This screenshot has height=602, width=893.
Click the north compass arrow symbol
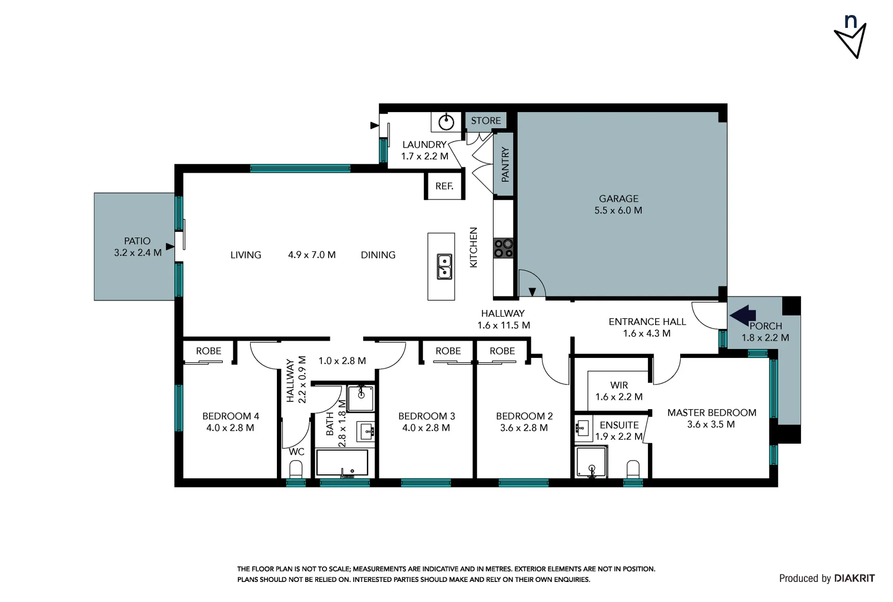[851, 40]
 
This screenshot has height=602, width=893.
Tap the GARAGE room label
[618, 198]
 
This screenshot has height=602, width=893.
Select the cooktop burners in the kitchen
[503, 248]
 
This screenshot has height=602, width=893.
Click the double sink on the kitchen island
[444, 266]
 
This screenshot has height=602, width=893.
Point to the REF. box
[444, 186]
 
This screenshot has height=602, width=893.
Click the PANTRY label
[505, 164]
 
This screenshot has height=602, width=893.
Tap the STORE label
[485, 120]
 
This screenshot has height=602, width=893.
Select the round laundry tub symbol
[446, 122]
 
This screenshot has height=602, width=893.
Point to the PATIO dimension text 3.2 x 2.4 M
[138, 253]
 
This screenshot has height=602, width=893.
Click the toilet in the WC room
[296, 468]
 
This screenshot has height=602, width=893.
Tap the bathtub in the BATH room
[342, 463]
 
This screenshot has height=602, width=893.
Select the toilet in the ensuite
[633, 468]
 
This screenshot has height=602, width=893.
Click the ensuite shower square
[591, 462]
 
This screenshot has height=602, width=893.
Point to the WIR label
[618, 385]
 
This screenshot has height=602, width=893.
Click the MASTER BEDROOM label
[711, 412]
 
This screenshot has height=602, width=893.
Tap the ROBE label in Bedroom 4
[208, 351]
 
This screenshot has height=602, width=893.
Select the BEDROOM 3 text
[426, 416]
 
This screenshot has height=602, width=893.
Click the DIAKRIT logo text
[854, 578]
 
